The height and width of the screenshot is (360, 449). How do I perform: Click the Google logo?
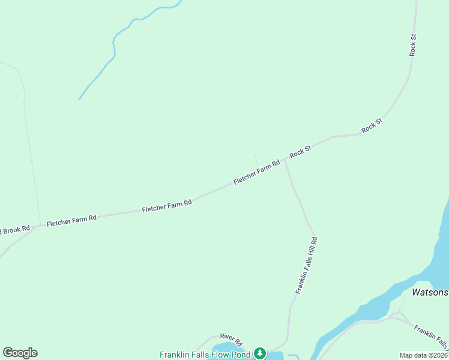pos(20,353)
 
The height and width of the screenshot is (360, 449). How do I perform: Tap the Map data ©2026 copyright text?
pos(423,355)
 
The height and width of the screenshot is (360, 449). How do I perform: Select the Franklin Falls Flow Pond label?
pos(205,354)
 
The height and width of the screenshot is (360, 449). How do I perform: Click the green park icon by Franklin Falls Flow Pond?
pos(259,353)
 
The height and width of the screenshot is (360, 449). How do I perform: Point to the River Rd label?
pos(231,340)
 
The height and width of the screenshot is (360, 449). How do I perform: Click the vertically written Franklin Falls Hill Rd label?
pos(306,265)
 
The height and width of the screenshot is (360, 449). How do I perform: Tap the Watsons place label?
pos(430,293)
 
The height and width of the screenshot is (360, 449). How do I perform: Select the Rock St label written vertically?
pos(413,45)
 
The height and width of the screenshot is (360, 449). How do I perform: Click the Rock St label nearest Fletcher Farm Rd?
pos(300,152)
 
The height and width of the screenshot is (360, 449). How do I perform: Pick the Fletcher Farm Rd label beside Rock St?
pos(256,172)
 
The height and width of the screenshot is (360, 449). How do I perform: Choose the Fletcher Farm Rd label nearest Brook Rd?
pos(71,221)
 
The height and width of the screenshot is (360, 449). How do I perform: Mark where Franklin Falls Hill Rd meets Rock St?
pos(285,161)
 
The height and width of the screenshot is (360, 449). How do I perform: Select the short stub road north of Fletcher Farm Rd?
pos(256,160)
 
